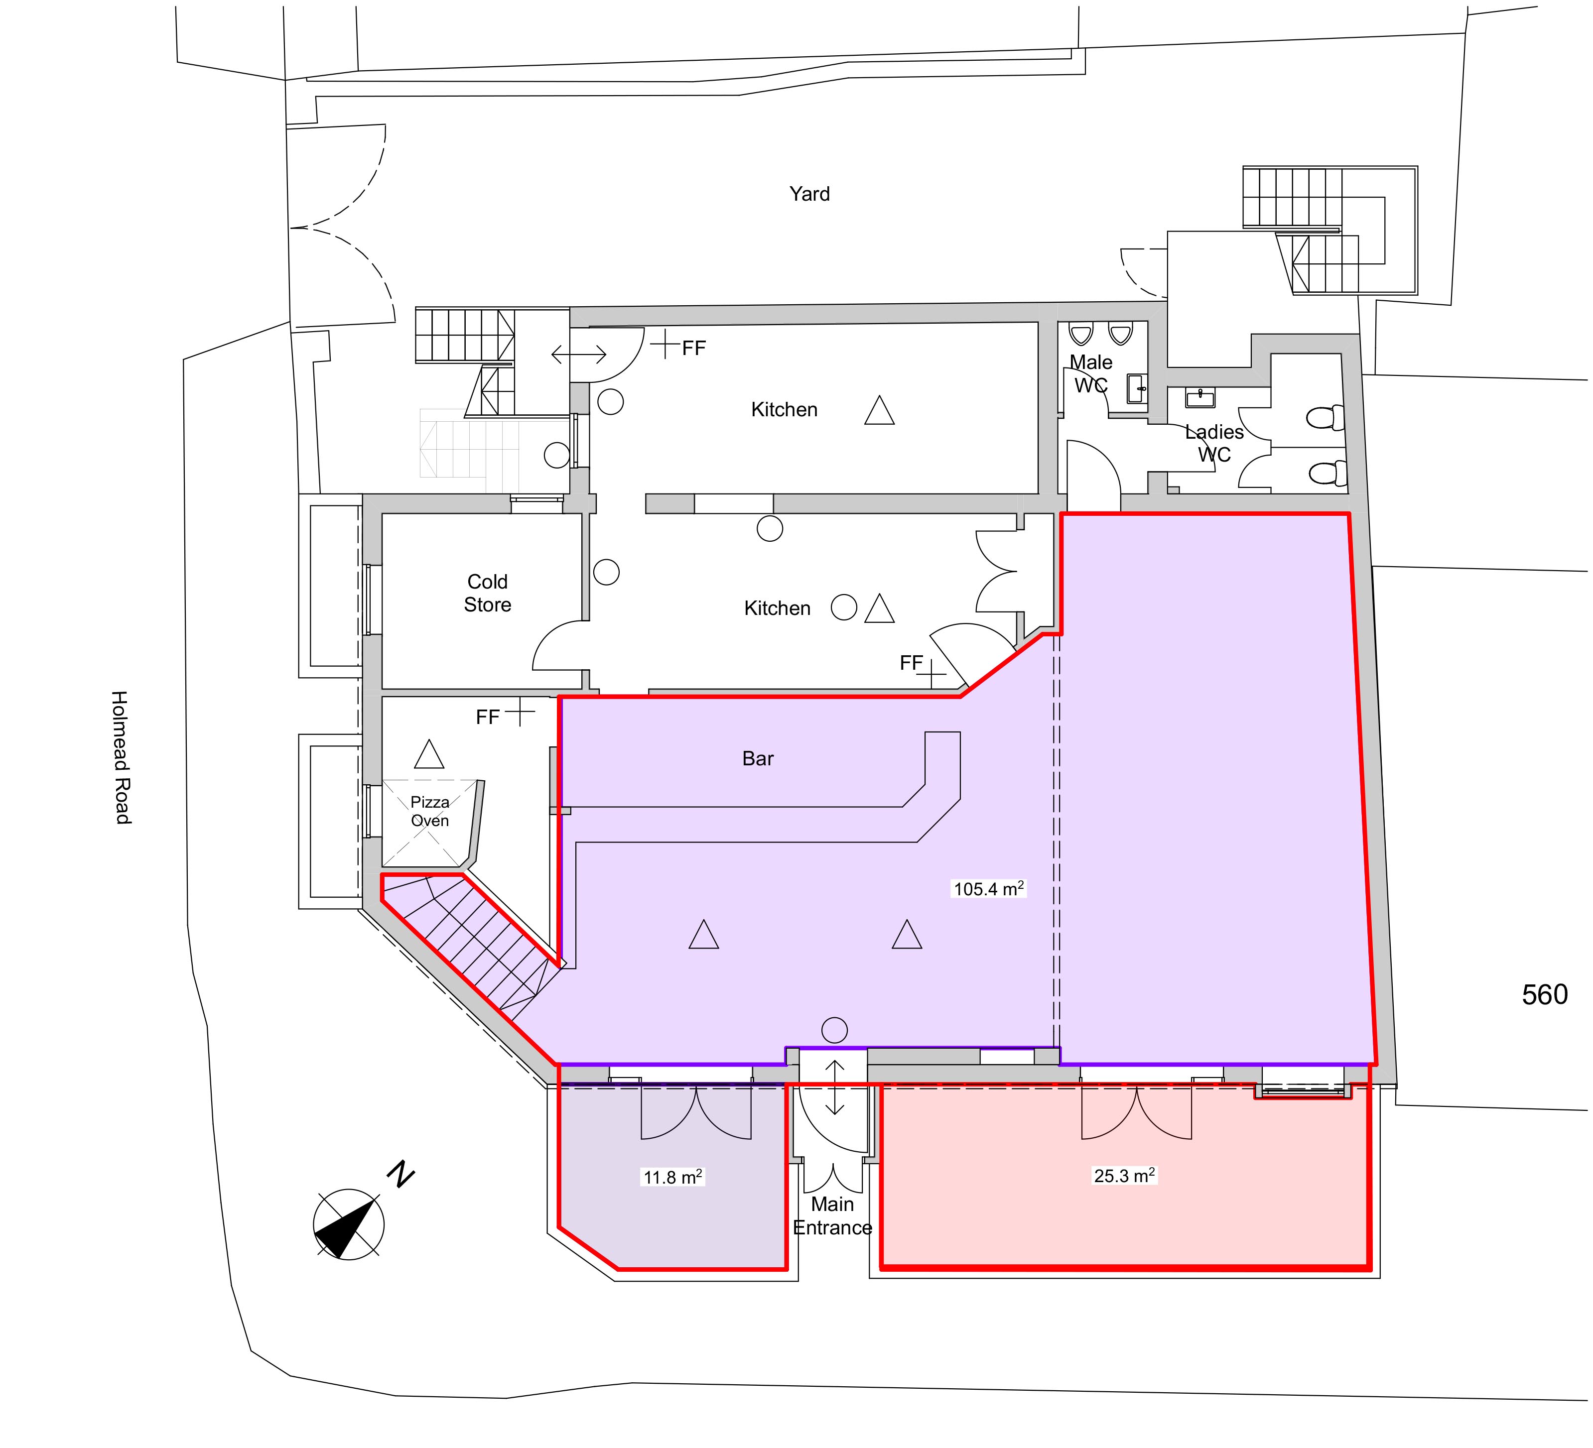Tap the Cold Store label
[x=488, y=593]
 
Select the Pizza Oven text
[x=430, y=811]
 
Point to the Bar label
[x=758, y=759]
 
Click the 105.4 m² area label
[x=988, y=889]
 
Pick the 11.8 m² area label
[x=672, y=1178]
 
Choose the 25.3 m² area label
[x=1124, y=1176]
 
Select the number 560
[x=1545, y=994]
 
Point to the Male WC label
[x=1091, y=373]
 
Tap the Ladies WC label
[x=1214, y=443]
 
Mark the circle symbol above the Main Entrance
[x=834, y=1030]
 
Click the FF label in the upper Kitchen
[x=694, y=349]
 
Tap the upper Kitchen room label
[x=784, y=410]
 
